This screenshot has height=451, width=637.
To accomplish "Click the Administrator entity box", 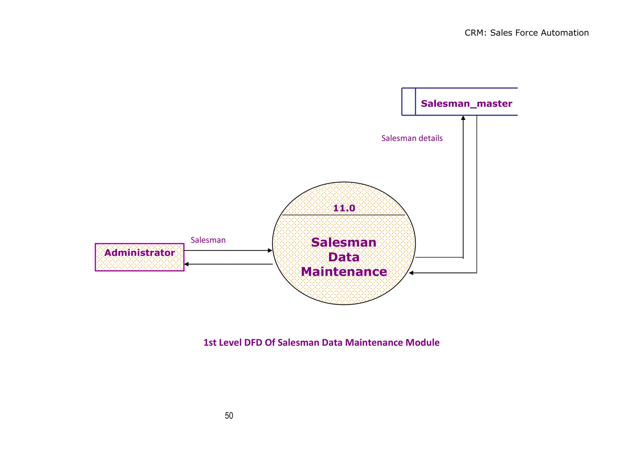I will (139, 257).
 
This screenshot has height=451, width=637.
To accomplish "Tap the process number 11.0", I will (344, 208).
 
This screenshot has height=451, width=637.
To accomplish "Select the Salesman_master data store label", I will (466, 103).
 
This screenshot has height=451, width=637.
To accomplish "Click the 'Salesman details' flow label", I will (412, 138).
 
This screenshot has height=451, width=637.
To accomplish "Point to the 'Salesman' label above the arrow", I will (208, 240).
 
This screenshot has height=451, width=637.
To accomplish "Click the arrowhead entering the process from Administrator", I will (270, 250).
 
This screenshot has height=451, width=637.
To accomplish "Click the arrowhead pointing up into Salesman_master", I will (463, 118).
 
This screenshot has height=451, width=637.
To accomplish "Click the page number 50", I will (229, 416).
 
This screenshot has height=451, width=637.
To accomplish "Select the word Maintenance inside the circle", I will (344, 272).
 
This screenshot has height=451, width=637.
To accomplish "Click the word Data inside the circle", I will (344, 257).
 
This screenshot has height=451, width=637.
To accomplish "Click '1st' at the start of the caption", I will (210, 342).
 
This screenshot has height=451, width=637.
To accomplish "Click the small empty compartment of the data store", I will (408, 102).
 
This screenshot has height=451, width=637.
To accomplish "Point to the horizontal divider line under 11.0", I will (311, 215).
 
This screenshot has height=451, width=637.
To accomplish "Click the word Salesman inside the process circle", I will (344, 242).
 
